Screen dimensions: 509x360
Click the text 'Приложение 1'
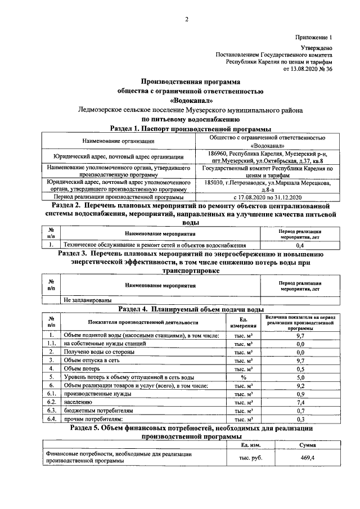tap(314, 37)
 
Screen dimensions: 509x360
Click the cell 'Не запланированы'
tap(87, 300)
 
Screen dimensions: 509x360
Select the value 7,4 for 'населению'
tap(300, 402)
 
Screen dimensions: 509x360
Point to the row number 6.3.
tap(51, 411)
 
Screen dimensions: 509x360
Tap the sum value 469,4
tap(307, 458)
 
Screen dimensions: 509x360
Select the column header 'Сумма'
tap(307, 445)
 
